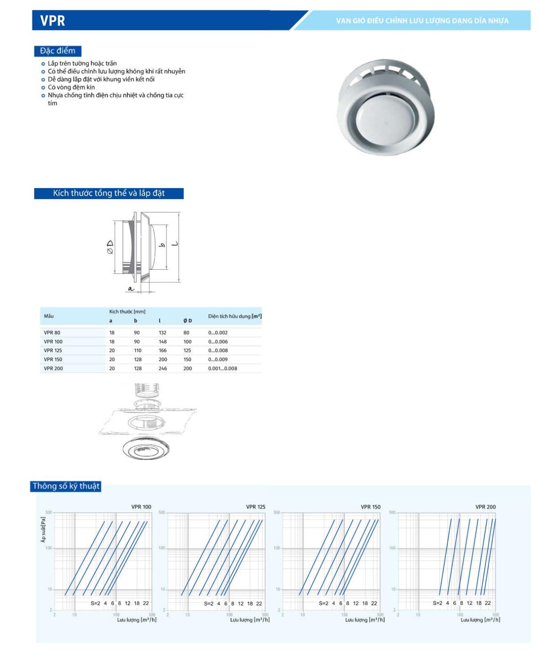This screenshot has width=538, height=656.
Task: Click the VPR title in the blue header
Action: pyautogui.click(x=53, y=21)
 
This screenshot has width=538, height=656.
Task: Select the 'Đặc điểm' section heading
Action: pyautogui.click(x=58, y=51)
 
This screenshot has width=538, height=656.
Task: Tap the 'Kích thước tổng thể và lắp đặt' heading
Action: pyautogui.click(x=109, y=193)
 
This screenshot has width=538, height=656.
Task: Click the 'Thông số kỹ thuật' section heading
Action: pyautogui.click(x=66, y=486)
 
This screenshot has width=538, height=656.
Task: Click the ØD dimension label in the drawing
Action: pyautogui.click(x=110, y=247)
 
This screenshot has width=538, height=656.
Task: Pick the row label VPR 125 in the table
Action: pyautogui.click(x=53, y=350)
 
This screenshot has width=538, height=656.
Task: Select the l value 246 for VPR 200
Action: pyautogui.click(x=163, y=369)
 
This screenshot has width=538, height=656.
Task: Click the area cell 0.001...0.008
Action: pyautogui.click(x=223, y=369)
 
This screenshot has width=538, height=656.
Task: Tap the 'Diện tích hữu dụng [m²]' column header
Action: pyautogui.click(x=235, y=316)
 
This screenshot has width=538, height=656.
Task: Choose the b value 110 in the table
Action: pyautogui.click(x=137, y=350)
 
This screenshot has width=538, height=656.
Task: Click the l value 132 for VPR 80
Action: pyautogui.click(x=163, y=333)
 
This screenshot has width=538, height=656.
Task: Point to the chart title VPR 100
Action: pyautogui.click(x=141, y=507)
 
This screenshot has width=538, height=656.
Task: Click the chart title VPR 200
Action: pyautogui.click(x=485, y=507)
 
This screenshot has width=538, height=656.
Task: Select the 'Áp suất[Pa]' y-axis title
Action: pyautogui.click(x=43, y=529)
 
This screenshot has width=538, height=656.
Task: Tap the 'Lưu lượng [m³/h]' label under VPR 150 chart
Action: pyautogui.click(x=365, y=620)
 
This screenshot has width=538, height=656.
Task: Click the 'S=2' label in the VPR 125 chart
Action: pyautogui.click(x=208, y=604)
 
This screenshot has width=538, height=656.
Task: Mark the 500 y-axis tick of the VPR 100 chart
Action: pyautogui.click(x=48, y=513)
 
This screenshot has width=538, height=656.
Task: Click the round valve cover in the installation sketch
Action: pyautogui.click(x=146, y=448)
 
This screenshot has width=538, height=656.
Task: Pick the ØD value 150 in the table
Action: pyautogui.click(x=187, y=360)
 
